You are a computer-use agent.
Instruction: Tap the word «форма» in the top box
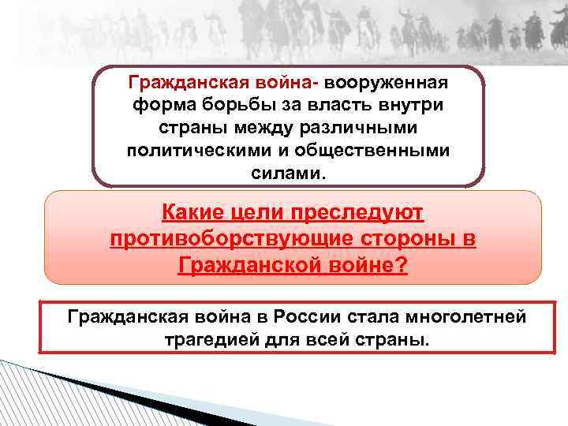point(158,106)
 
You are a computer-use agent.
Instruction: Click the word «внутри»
point(410,106)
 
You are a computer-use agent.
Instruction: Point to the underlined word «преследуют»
point(363,213)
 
